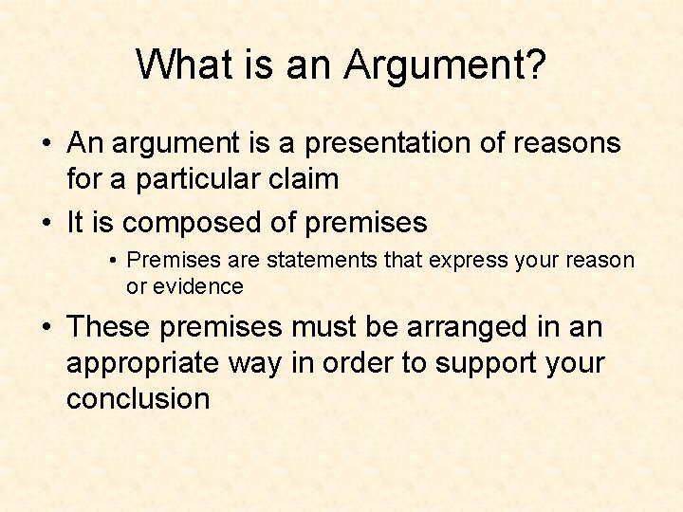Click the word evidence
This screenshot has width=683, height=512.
198,285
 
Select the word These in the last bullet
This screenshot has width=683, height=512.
109,327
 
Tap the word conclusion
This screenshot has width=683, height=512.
138,398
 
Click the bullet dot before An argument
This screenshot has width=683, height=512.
46,145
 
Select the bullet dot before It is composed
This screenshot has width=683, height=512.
46,224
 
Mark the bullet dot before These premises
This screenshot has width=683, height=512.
46,328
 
